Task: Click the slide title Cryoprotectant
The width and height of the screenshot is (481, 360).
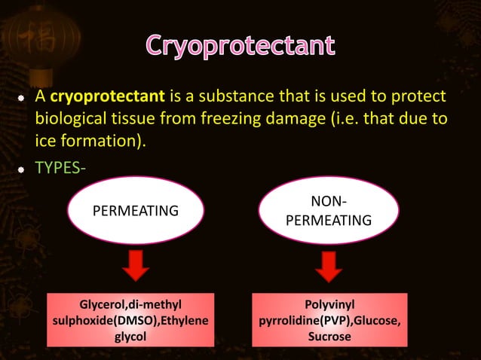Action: pyautogui.click(x=240, y=46)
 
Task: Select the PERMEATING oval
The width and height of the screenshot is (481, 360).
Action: pyautogui.click(x=135, y=211)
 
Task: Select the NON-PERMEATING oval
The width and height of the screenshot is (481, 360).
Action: pyautogui.click(x=329, y=211)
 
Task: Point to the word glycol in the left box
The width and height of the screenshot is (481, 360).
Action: pyautogui.click(x=130, y=337)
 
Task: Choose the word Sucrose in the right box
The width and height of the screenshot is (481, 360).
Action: pyautogui.click(x=329, y=337)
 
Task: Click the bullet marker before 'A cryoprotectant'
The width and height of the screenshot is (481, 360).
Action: pyautogui.click(x=23, y=99)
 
